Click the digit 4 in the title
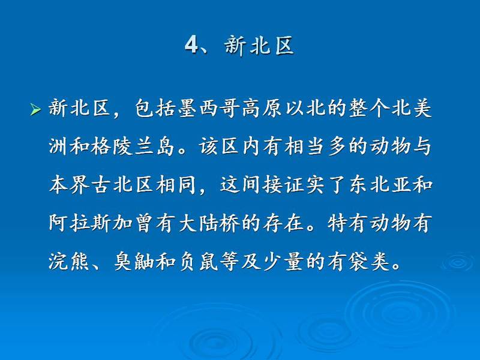pos(191,46)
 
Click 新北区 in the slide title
pos(259,46)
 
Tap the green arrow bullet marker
pos(35,110)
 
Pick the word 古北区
pos(122,185)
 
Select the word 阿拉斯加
pos(90,223)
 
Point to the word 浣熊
pos(69,261)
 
